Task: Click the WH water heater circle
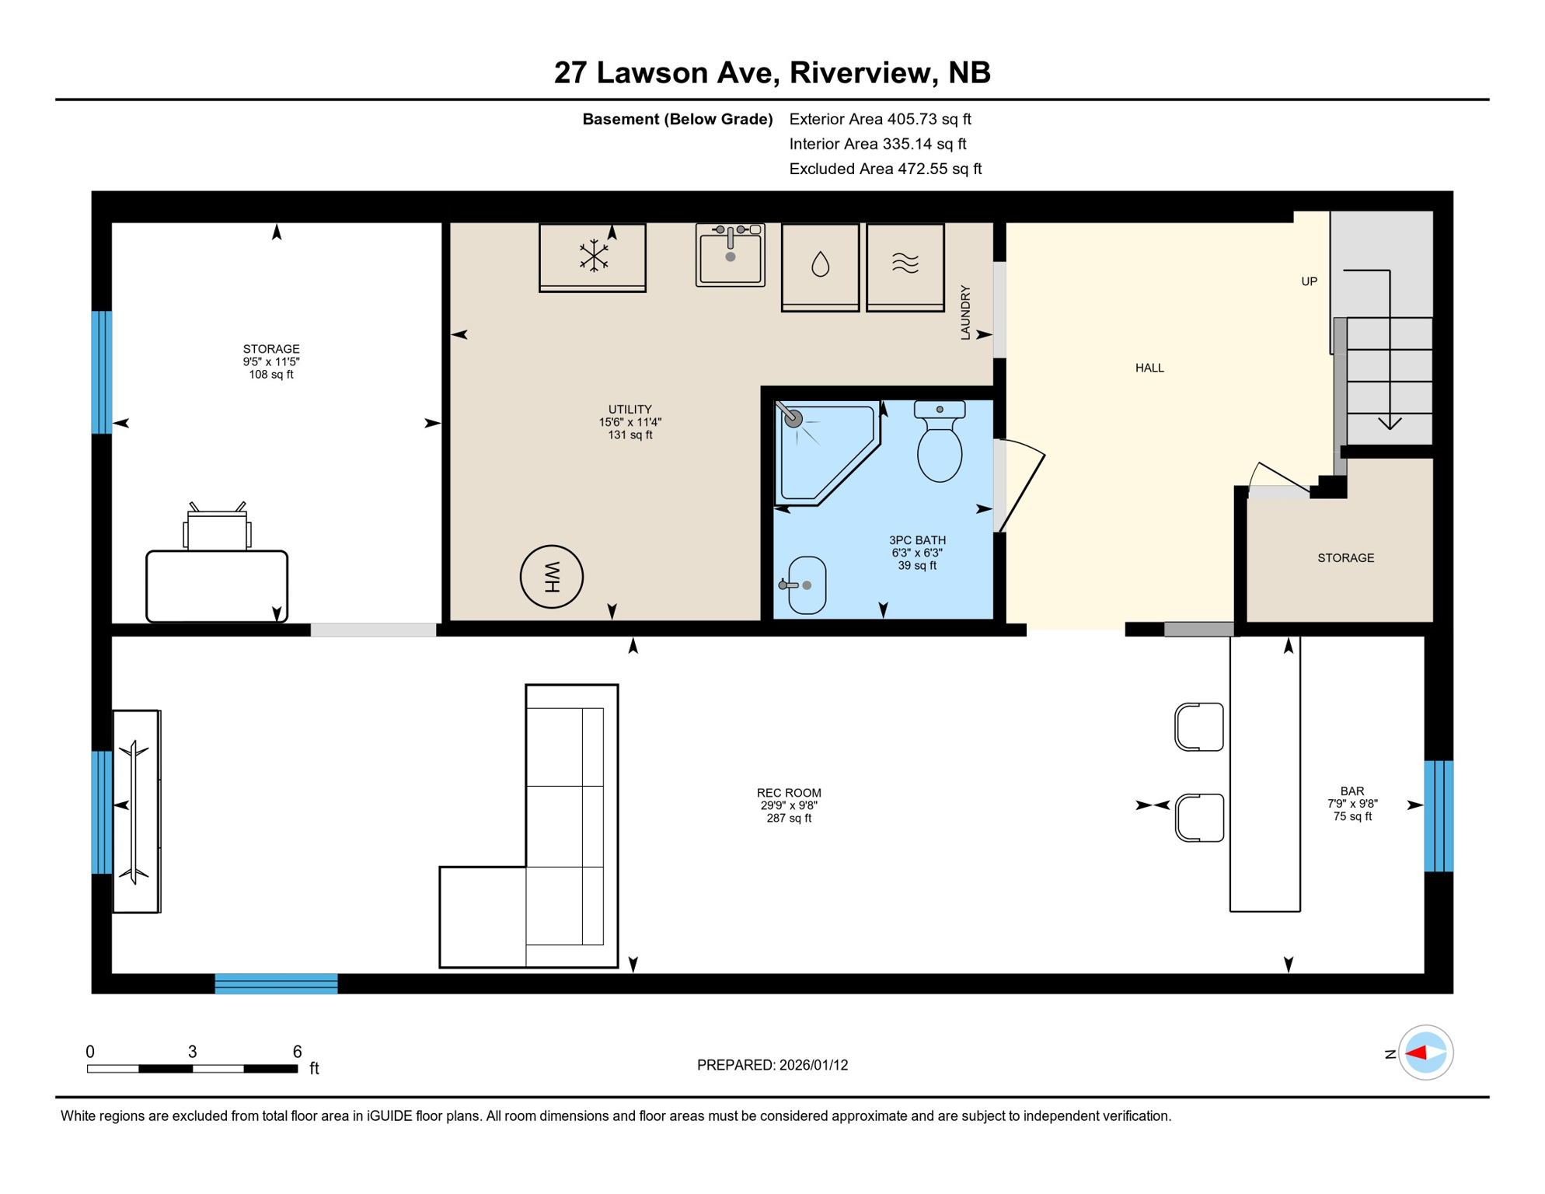coord(551,577)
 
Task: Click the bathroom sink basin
coord(807,585)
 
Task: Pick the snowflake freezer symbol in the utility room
coord(593,256)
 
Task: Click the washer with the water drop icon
coord(820,266)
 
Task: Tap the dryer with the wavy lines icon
coord(905,266)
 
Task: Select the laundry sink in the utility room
coord(730,255)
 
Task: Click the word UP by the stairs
coord(1309,281)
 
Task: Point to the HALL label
coord(1149,368)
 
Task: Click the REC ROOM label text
coord(788,793)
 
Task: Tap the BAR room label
coord(1351,791)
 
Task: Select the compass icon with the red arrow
coord(1425,1053)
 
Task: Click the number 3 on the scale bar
coord(192,1052)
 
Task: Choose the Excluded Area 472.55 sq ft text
coord(884,169)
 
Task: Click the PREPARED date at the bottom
coord(772,1065)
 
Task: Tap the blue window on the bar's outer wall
coord(1438,816)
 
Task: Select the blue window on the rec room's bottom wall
coord(276,983)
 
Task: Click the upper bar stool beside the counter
coord(1199,727)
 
